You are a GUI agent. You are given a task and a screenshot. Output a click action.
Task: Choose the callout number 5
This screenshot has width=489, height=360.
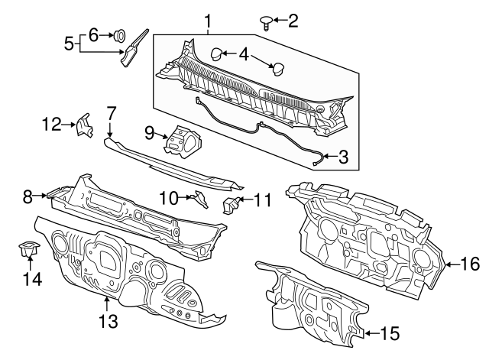(68, 44)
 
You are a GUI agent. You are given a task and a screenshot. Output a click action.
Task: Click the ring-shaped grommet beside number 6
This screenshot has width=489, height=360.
(120, 34)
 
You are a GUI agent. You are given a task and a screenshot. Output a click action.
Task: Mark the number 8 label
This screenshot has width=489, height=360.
(28, 196)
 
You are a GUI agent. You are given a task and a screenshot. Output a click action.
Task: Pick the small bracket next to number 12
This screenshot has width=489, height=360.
(82, 124)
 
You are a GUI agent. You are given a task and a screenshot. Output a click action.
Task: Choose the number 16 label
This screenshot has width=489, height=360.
(471, 264)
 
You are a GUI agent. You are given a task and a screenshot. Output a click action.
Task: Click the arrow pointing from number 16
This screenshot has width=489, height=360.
(452, 264)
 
